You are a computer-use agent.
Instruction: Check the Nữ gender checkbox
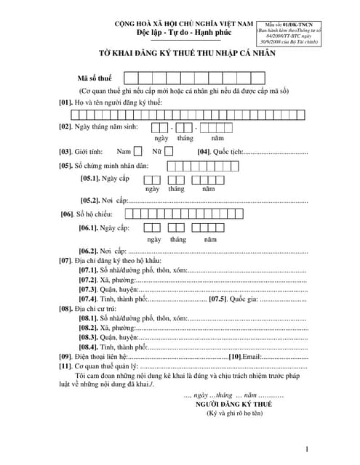point(169,152)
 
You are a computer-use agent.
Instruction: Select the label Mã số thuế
point(95,78)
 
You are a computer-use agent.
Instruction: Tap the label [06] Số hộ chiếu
point(91,214)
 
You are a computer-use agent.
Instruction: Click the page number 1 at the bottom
point(308,450)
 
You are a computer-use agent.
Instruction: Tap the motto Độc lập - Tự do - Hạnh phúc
point(179,34)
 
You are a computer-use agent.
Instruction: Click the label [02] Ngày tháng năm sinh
point(103,126)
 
